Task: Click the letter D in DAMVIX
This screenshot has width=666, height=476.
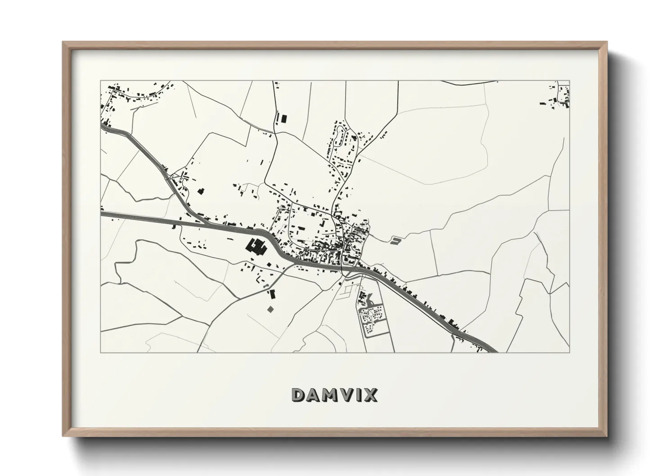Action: pyautogui.click(x=300, y=395)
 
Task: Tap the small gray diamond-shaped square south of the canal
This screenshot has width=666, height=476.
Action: pyautogui.click(x=270, y=309)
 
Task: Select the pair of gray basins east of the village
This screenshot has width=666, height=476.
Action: pyautogui.click(x=395, y=241)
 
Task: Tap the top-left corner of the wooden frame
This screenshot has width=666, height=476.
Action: pyautogui.click(x=64, y=43)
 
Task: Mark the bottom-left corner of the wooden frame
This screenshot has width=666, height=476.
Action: pyautogui.click(x=64, y=436)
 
